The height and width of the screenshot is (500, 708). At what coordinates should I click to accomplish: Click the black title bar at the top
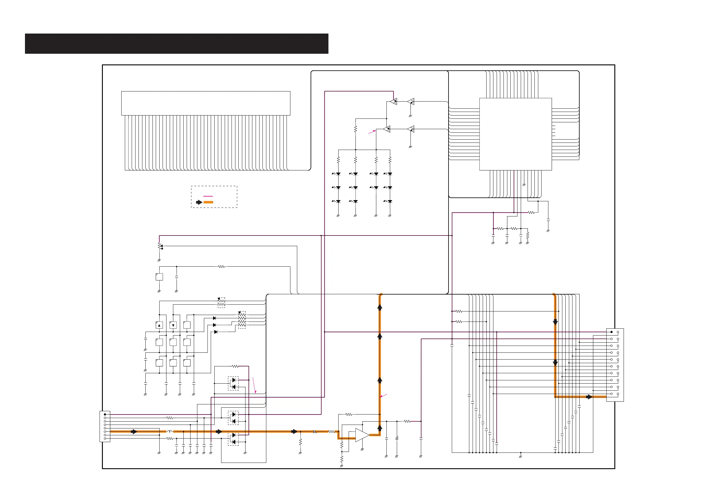(176, 43)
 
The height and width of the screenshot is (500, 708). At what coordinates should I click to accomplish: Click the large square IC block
(515, 134)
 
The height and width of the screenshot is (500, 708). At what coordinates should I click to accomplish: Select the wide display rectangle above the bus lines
(206, 103)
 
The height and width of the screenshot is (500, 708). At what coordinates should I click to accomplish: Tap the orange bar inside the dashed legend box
(208, 202)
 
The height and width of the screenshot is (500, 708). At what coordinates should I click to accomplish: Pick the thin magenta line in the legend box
(208, 196)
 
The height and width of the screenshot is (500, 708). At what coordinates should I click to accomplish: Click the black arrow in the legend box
(199, 202)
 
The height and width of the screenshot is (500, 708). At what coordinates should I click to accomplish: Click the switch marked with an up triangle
(159, 325)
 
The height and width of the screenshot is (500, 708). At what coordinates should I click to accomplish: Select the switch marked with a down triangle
(173, 325)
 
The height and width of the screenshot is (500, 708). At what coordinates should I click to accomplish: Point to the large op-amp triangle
(362, 435)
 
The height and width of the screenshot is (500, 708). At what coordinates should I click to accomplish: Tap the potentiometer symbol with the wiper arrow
(160, 246)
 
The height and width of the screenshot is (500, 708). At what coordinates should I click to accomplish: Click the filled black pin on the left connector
(105, 414)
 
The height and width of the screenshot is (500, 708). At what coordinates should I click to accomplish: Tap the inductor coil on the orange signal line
(169, 431)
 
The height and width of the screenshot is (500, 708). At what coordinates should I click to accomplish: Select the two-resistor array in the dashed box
(221, 303)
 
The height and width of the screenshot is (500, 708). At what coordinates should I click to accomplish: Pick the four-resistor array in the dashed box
(242, 320)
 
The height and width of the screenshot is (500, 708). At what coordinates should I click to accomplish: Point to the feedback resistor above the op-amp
(348, 414)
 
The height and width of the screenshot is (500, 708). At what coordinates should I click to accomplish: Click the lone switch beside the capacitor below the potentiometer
(159, 277)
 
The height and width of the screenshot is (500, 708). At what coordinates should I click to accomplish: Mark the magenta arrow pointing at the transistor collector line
(372, 132)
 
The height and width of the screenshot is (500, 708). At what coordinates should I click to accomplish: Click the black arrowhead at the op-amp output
(380, 428)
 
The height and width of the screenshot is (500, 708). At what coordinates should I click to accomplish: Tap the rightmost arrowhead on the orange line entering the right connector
(589, 397)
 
